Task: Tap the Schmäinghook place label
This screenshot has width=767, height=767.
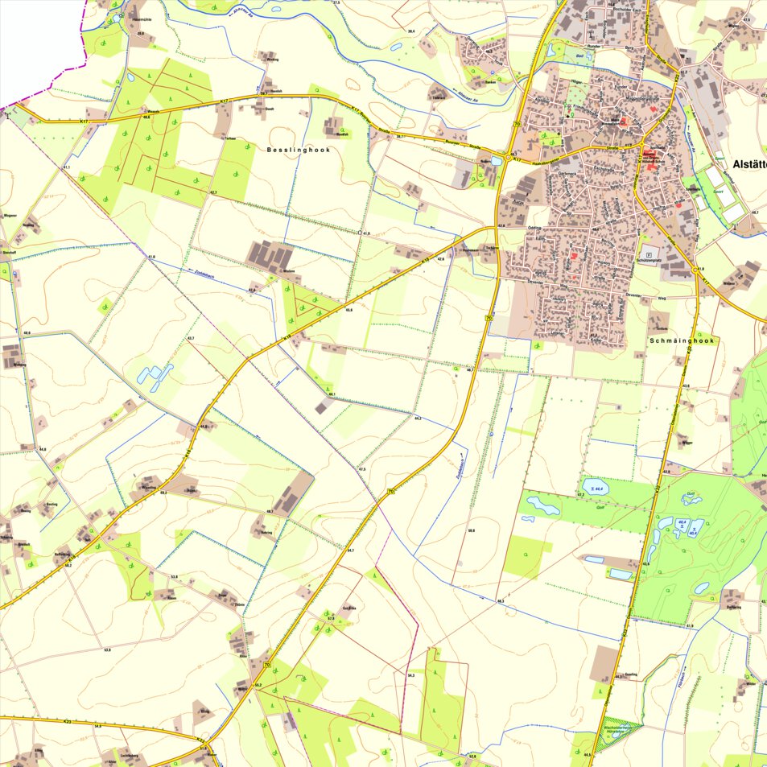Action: click(682, 340)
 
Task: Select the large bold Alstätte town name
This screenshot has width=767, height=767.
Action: click(748, 165)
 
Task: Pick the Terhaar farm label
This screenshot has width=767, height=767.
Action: click(230, 138)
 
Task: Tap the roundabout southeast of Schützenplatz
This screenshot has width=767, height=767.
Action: click(696, 271)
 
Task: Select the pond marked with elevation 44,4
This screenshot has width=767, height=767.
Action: click(596, 487)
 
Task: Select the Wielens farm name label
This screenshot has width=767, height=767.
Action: click(291, 271)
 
